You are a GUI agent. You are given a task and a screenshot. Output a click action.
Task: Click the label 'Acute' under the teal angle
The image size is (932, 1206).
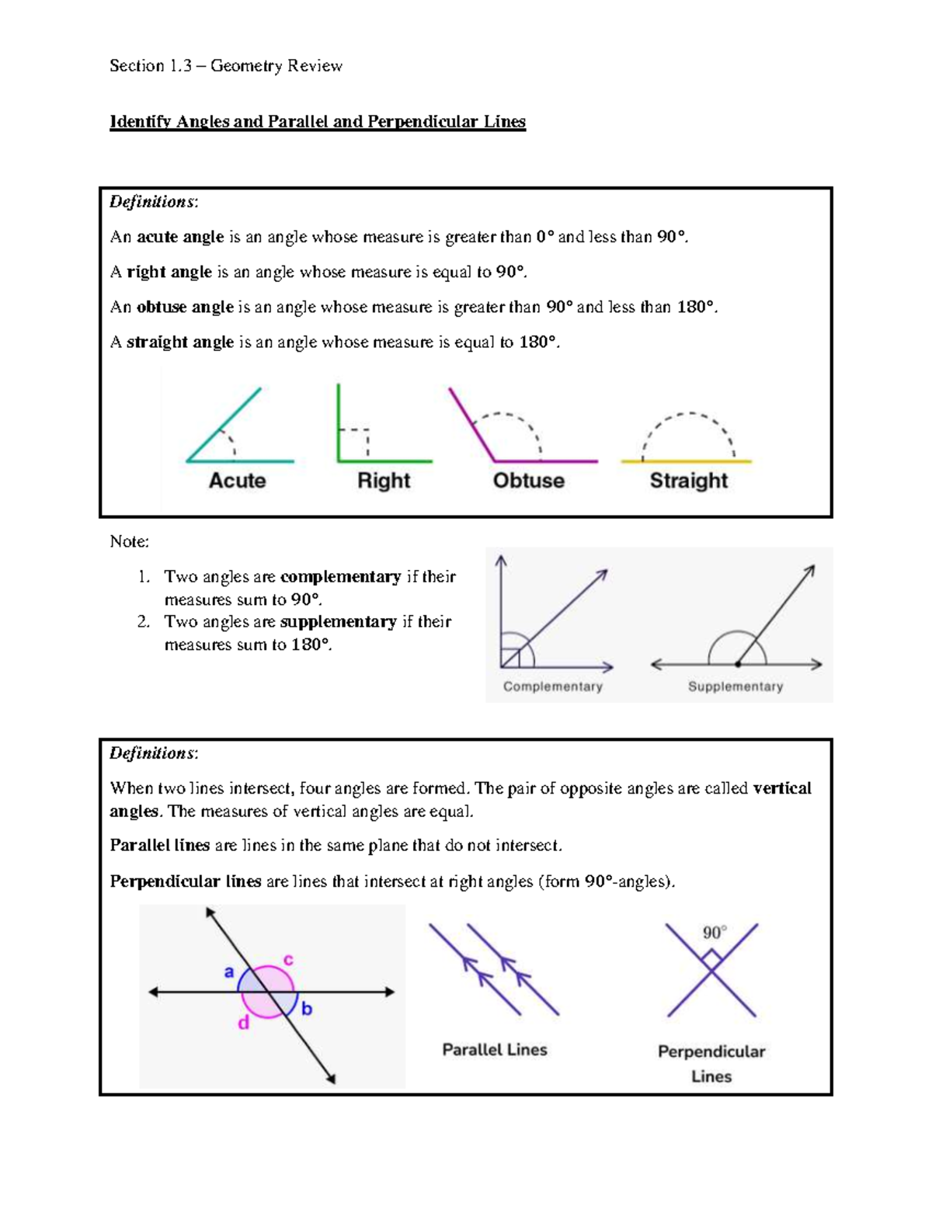[x=237, y=481]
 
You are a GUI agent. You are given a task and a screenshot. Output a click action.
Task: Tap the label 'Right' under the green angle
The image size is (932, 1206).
[x=384, y=481]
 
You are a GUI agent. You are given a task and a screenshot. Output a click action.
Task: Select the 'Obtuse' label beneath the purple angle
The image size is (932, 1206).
[x=529, y=481]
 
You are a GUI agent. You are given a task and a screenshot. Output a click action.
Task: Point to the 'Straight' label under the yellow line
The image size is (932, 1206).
[x=688, y=481]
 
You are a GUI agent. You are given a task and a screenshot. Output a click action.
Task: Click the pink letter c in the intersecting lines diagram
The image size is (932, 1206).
[x=288, y=960]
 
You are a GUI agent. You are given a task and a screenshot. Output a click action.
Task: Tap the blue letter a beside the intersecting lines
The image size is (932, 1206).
[x=229, y=971]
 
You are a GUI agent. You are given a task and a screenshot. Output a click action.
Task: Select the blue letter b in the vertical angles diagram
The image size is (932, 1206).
[x=307, y=1009]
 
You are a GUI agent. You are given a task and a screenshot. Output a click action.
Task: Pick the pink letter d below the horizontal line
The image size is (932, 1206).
[x=244, y=1024]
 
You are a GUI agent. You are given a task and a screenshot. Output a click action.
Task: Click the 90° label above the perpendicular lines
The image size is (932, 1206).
[x=715, y=933]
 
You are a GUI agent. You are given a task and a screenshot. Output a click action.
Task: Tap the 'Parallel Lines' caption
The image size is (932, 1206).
[x=495, y=1050]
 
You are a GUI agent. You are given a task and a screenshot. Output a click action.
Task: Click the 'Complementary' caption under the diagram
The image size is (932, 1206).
[x=552, y=686]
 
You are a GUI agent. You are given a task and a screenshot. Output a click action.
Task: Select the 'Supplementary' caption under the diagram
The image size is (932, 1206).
[x=735, y=686]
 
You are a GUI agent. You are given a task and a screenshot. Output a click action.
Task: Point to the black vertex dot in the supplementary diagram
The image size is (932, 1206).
[x=737, y=665]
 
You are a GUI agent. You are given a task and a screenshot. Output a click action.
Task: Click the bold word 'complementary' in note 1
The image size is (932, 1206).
[x=340, y=577]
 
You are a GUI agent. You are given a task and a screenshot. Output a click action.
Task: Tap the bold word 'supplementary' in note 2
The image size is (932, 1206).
[x=338, y=622]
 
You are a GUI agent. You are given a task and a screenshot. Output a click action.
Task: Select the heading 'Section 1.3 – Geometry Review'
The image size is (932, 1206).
[x=226, y=66]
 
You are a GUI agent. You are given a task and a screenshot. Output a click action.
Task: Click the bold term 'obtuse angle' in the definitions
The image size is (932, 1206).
[x=185, y=308]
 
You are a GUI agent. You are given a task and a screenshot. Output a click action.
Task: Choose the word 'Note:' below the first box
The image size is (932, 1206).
[x=129, y=541]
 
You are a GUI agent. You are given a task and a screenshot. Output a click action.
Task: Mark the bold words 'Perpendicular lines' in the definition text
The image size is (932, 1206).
[x=186, y=881]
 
